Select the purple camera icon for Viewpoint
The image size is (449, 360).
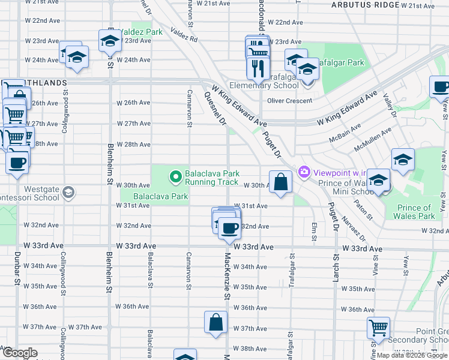pos(304,172)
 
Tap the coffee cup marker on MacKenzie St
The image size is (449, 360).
pos(229,228)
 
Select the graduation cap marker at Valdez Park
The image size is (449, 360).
pos(110,41)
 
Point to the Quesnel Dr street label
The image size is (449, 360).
pos(214,109)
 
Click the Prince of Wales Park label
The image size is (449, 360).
pos(415,212)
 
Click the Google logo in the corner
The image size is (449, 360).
pos(19,353)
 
